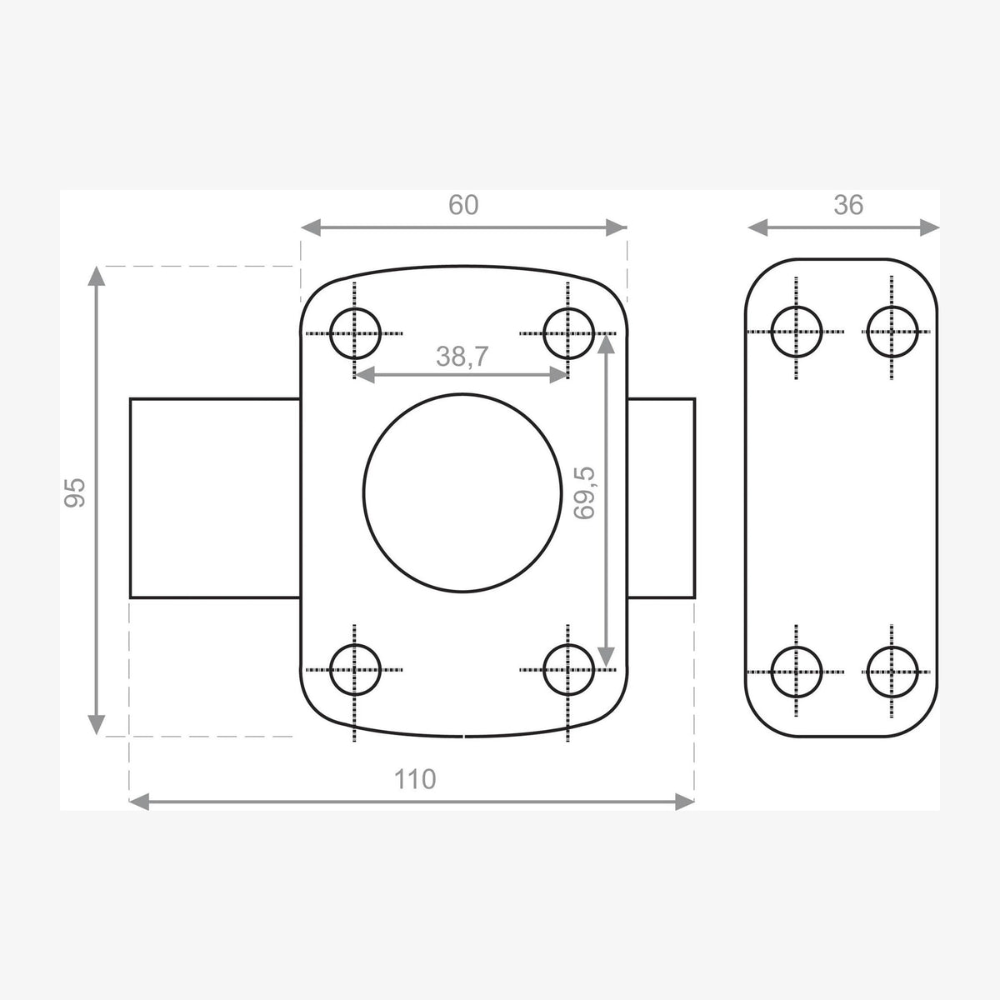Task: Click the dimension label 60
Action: [462, 205]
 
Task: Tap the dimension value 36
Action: [848, 205]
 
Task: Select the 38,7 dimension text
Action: [462, 357]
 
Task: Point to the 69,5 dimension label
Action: [585, 493]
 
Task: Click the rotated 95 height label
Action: [75, 492]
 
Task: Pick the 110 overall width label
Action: [415, 779]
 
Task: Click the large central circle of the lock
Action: [363, 492]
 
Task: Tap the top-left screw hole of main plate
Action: [329, 333]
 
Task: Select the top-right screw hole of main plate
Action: [543, 333]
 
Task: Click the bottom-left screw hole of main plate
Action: [329, 669]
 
